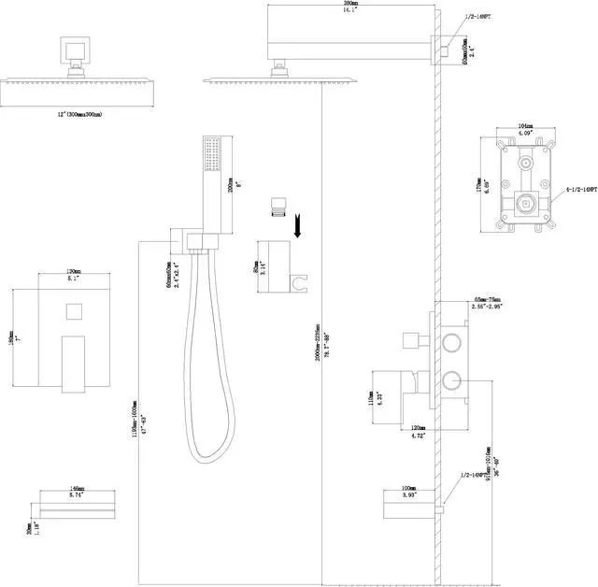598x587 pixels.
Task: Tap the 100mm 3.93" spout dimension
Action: coord(408,491)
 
